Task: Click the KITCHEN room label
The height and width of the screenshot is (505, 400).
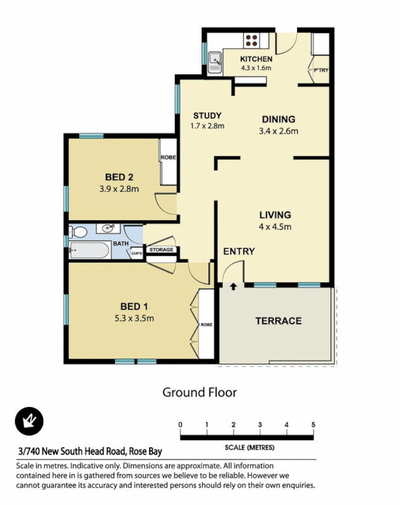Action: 256,59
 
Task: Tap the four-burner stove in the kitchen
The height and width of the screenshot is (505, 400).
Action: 251,40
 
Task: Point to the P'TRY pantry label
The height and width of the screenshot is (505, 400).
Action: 320,71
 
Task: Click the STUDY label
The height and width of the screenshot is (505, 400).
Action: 207,116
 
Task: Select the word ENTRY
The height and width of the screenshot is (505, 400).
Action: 239,251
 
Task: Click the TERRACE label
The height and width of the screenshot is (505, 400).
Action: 278,321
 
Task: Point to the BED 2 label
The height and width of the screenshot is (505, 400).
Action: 119,177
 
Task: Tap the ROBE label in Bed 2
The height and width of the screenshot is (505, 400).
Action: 167,158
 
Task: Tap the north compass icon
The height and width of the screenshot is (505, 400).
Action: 28,419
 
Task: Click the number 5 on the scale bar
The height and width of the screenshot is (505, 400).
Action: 313,424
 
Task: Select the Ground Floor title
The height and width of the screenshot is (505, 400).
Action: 200,392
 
